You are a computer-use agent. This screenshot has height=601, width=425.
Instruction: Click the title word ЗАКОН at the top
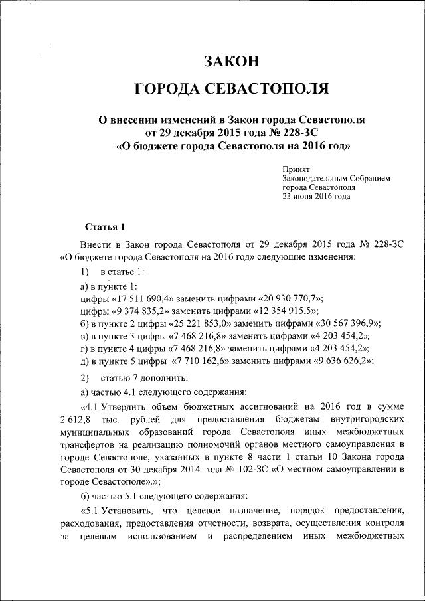(230, 62)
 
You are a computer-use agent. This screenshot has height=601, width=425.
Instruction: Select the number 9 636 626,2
(335, 361)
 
